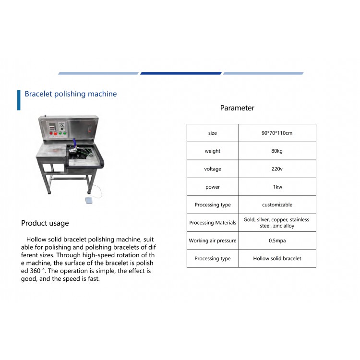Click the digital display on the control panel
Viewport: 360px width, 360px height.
(52, 126)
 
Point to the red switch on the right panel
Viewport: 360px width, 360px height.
(90, 129)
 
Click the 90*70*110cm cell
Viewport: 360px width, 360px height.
(277, 133)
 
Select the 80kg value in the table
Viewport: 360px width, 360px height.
(277, 151)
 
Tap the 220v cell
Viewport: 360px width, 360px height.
(277, 169)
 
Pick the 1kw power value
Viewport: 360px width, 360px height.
(277, 187)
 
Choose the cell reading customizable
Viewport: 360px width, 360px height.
(277, 204)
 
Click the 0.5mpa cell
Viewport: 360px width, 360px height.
(277, 240)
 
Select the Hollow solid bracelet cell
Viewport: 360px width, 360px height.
(277, 259)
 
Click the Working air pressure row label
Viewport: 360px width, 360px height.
(213, 240)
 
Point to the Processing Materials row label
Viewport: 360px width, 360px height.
(213, 222)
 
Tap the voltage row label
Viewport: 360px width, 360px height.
(213, 169)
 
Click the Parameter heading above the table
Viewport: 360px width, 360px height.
(237, 108)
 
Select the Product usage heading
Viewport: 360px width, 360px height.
(45, 223)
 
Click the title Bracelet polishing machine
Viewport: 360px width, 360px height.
(71, 94)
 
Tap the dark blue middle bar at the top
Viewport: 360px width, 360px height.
(181, 73)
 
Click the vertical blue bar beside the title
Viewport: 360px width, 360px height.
(19, 100)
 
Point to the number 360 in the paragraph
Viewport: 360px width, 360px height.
(36, 271)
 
